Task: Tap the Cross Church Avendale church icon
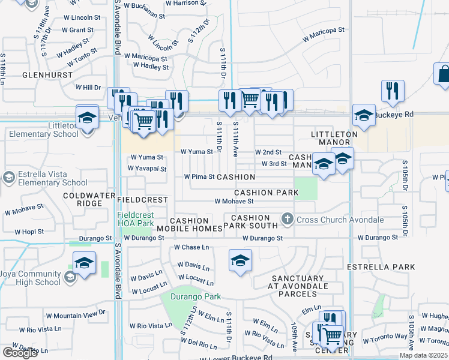pos(288,220)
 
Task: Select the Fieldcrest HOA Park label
pos(137,219)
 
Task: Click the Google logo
pos(20,353)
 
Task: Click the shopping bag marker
pos(444,75)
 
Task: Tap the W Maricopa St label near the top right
pos(324,34)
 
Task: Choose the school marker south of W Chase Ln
pos(240,260)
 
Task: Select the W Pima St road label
pos(199,177)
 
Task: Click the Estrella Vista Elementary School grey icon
pos(8,178)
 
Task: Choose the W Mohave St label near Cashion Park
pos(234,202)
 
